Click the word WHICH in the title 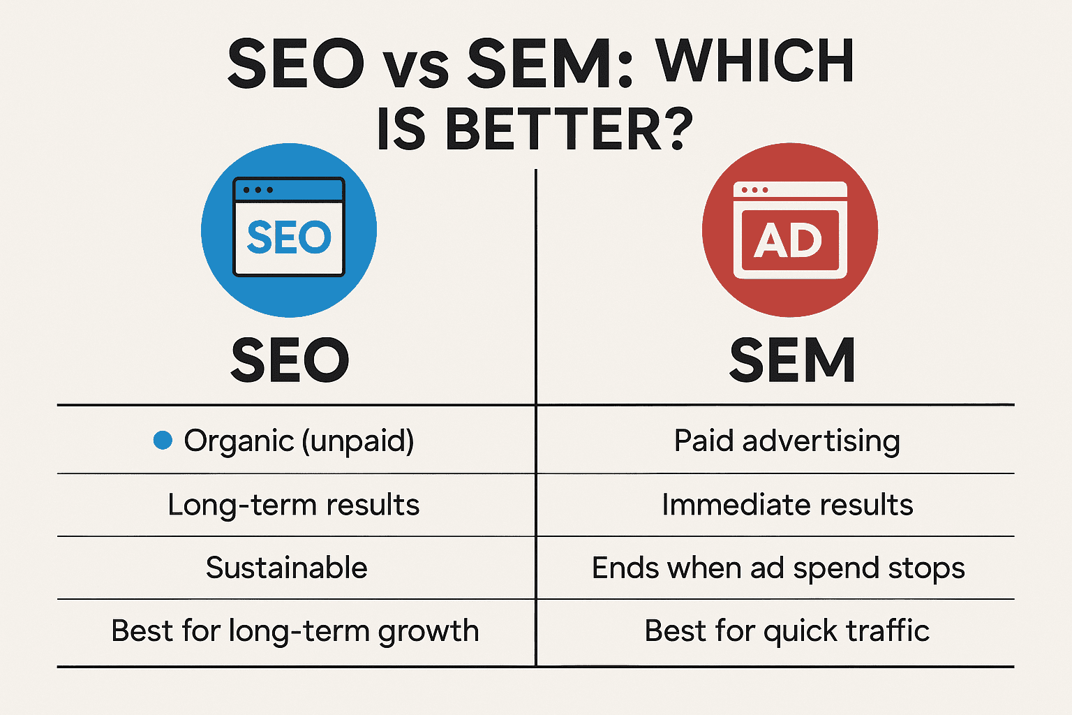coord(754,61)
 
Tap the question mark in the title coord(675,128)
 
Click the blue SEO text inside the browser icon coord(288,237)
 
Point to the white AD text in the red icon coord(788,240)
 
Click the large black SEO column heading coord(290,360)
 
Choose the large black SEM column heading coord(792,360)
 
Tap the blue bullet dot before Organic coord(163,440)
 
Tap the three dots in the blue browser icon coord(258,190)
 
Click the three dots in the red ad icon coord(754,190)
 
